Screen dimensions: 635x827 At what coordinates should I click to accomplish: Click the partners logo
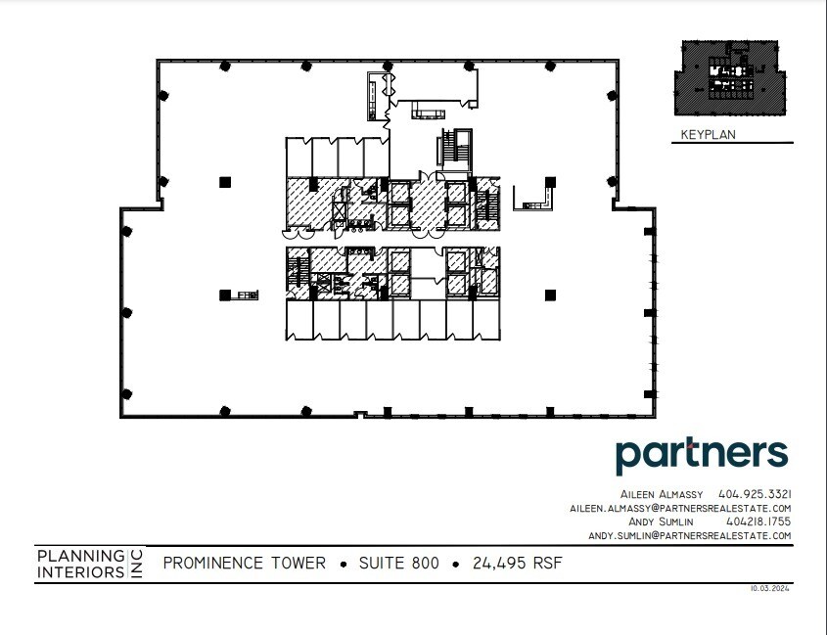click(701, 457)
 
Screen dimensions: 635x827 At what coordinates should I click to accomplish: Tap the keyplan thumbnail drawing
click(732, 81)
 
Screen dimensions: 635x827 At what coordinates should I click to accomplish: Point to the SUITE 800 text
click(399, 564)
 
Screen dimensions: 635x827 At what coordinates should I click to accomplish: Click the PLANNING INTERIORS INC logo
click(89, 564)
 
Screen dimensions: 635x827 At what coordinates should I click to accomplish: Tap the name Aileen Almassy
click(662, 494)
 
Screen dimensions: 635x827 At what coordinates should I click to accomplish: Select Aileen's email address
click(679, 509)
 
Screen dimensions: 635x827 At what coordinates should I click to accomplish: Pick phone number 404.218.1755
click(755, 522)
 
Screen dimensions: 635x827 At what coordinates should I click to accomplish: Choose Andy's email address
click(688, 536)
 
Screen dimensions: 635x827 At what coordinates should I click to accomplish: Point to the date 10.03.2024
click(770, 589)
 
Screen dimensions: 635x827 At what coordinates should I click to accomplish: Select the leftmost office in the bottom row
click(299, 320)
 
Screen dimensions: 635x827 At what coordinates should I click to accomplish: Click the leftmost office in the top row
click(299, 157)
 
